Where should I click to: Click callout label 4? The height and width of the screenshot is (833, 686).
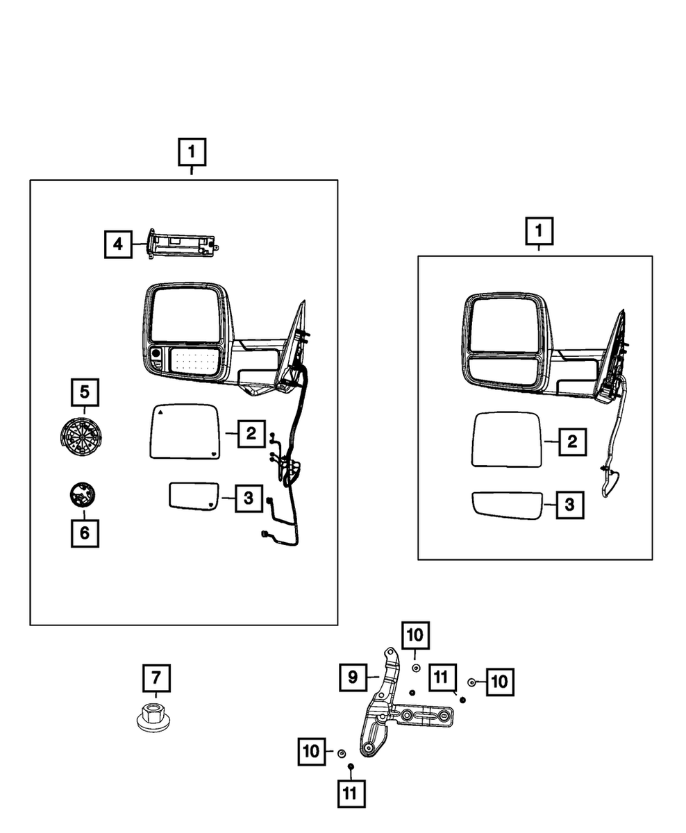click(x=118, y=244)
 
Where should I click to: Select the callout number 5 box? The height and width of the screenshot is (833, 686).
click(x=84, y=392)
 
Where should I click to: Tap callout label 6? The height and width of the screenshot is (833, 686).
click(x=84, y=533)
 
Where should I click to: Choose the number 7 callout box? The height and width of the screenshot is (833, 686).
click(x=156, y=677)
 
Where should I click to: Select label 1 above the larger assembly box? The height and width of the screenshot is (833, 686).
click(x=192, y=151)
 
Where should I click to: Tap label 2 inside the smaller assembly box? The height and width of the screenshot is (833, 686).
click(x=571, y=441)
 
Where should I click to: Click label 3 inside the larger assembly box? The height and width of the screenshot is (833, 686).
click(x=248, y=498)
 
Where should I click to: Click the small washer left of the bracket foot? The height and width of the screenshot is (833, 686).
click(x=341, y=754)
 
